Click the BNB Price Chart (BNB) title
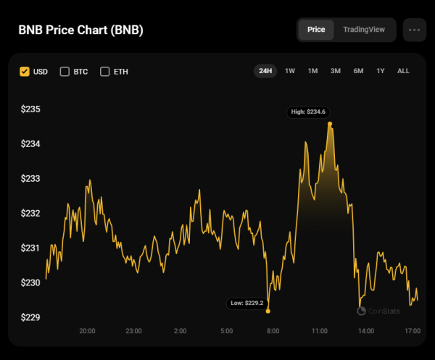(x=80, y=30)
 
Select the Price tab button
(x=316, y=30)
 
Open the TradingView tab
(x=364, y=30)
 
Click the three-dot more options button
(x=414, y=30)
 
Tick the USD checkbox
(x=25, y=72)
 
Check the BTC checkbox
(x=65, y=72)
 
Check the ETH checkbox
(x=105, y=72)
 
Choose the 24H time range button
(x=265, y=71)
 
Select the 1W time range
(x=290, y=71)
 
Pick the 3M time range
(x=336, y=71)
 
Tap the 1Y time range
(x=381, y=71)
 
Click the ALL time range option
(x=404, y=71)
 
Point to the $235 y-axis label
(x=30, y=109)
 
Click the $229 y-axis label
(x=30, y=317)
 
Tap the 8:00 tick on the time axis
(x=273, y=331)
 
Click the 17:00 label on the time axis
(x=413, y=331)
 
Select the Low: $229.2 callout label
(x=247, y=304)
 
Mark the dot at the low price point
(x=268, y=311)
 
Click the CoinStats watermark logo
(x=376, y=311)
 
